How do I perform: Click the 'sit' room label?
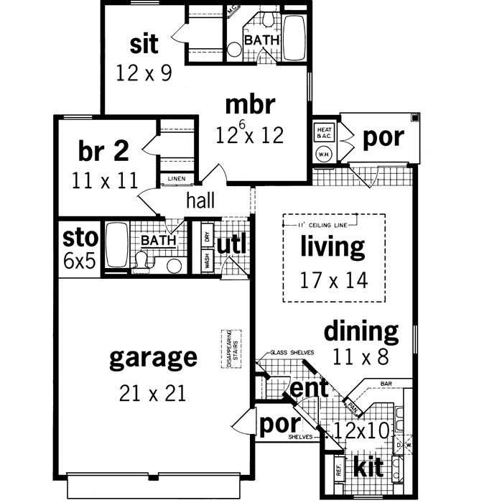pos(144,44)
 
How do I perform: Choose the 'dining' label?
pos(361,331)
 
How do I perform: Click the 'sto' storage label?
pos(79,238)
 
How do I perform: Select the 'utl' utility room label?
pos(232,245)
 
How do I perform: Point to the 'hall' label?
pos(200,200)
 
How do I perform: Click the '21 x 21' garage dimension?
pos(153,392)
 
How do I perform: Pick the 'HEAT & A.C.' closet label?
pos(322,134)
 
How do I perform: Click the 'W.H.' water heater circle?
pos(322,153)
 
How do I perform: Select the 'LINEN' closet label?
pos(176,179)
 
